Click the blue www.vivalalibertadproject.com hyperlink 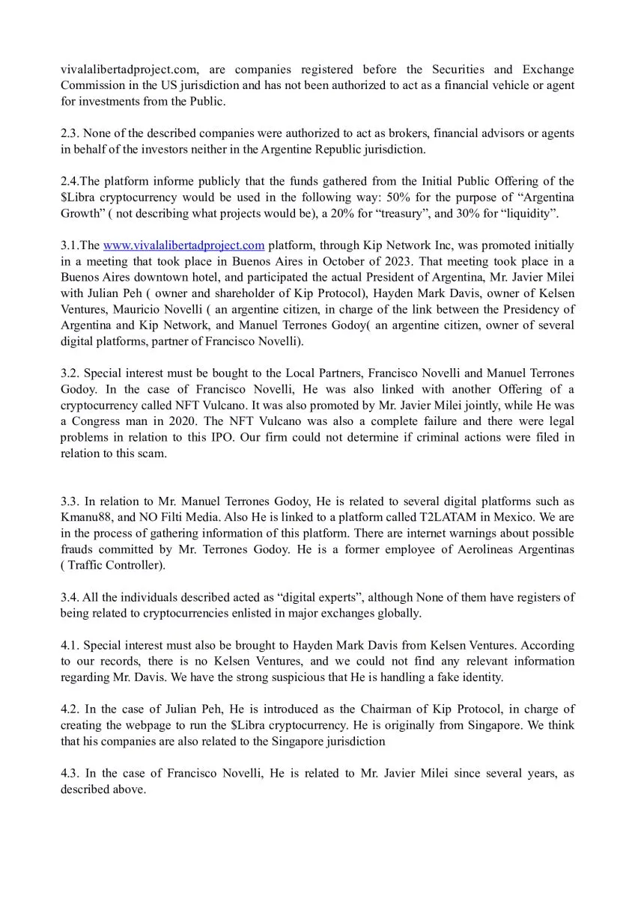[x=183, y=245]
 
